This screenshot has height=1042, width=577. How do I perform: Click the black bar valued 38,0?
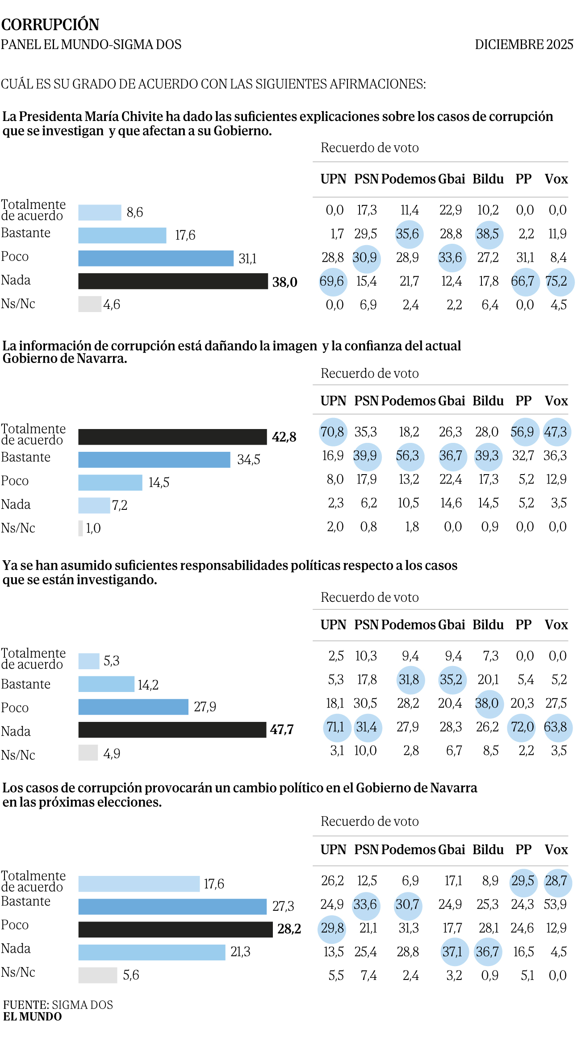coord(173,281)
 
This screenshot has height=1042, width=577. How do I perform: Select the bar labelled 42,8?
coord(172,437)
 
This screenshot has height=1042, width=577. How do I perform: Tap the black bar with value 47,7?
coord(172,729)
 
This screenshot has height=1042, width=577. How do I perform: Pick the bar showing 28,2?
coord(175,929)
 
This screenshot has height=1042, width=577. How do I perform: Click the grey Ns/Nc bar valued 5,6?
coord(97,975)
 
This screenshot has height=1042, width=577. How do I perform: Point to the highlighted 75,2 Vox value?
coord(556,281)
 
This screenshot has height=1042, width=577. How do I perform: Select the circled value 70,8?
coord(332,432)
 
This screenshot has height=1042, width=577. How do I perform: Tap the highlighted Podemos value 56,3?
coord(408,455)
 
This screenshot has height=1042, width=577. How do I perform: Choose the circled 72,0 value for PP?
coord(522,727)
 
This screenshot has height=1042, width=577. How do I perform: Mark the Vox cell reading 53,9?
coord(556,904)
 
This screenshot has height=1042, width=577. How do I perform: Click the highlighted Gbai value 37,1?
coord(452,952)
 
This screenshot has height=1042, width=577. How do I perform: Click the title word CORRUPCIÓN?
coord(50,25)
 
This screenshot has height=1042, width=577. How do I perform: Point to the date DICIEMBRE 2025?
coord(524,45)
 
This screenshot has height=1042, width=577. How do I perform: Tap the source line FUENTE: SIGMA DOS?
coord(58,1004)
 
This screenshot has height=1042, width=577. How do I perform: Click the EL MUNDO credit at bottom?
coord(33,1017)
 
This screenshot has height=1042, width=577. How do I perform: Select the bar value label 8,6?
coord(135,213)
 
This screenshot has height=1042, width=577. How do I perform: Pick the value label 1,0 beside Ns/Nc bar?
coord(93,528)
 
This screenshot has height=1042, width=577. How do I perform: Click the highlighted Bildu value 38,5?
coord(488,234)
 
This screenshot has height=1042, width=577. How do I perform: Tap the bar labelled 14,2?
coord(106,684)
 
